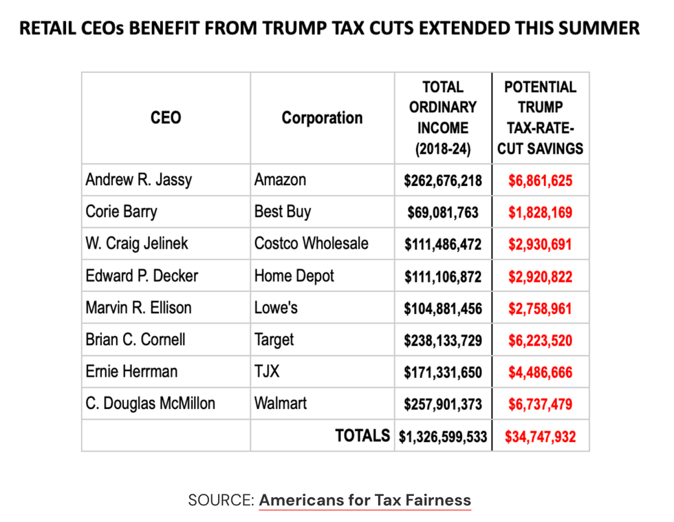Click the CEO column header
[x=166, y=118]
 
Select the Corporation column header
[x=322, y=118]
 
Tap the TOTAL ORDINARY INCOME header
[x=443, y=118]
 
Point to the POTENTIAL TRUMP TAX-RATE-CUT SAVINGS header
[x=541, y=118]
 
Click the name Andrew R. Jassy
[x=139, y=180]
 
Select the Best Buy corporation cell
[x=283, y=212]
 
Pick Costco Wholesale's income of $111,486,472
[x=443, y=244]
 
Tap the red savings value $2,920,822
[x=540, y=277]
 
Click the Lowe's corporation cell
[x=276, y=308]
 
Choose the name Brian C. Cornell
[x=135, y=340]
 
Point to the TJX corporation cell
[x=268, y=372]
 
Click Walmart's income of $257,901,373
[x=443, y=404]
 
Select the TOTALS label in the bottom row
[x=362, y=436]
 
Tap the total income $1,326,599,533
[x=443, y=437]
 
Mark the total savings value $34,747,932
[x=540, y=437]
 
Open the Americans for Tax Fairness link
[x=365, y=501]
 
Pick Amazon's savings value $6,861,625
[x=540, y=180]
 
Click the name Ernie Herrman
[x=131, y=372]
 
